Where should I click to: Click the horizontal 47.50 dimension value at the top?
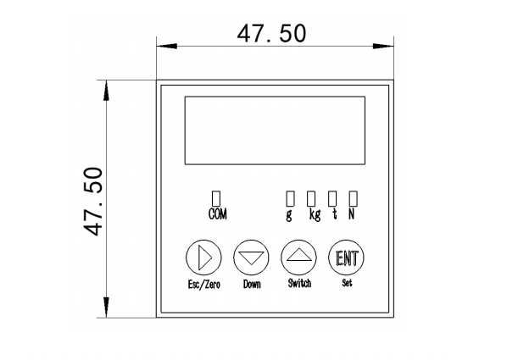click(271, 33)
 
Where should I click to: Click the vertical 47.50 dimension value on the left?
click(93, 202)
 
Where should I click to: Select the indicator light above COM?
click(216, 198)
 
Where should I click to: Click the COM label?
click(218, 214)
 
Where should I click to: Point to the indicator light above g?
click(290, 198)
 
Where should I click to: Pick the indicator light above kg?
click(311, 198)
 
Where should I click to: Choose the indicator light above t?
click(332, 198)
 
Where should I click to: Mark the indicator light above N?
click(353, 198)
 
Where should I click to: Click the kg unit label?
click(315, 214)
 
